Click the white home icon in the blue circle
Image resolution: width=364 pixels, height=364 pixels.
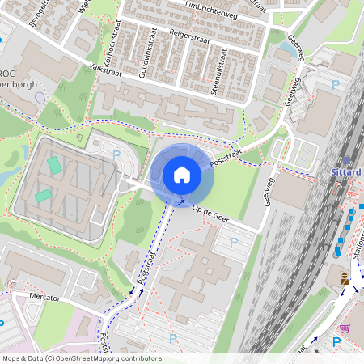182,175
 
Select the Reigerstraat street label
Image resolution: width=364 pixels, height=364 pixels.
190,36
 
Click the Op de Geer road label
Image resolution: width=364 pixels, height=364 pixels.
213,214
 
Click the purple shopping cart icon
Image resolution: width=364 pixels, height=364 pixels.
345,328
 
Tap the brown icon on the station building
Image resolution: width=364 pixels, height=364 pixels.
345,278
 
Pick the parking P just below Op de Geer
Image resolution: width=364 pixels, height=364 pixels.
235,241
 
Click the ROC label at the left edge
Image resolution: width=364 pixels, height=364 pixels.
11,71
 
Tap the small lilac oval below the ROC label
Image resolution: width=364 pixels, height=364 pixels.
41,98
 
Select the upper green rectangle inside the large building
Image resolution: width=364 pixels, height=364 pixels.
54,165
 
